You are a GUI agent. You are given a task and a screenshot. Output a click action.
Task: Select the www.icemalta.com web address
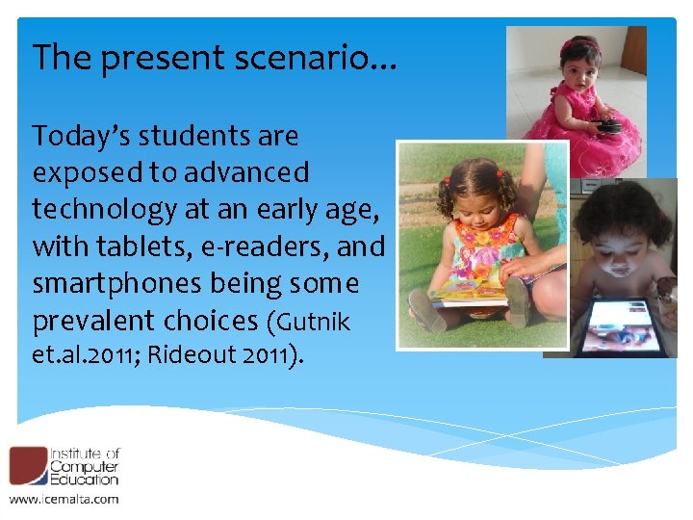click(x=64, y=498)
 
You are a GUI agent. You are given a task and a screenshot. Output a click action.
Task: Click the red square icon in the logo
click(x=27, y=465)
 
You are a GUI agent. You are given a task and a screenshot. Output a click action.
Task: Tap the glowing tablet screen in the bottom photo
click(x=627, y=326)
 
